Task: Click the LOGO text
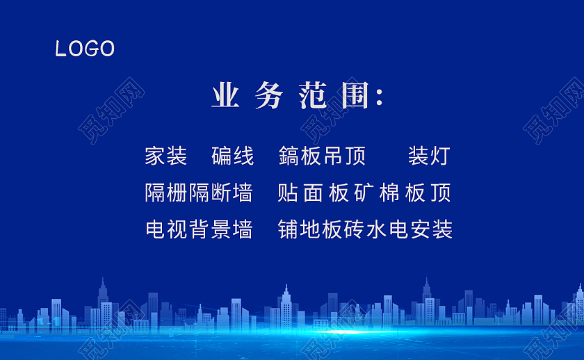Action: click(85, 49)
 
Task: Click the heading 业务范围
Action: click(297, 96)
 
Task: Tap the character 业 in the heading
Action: click(225, 96)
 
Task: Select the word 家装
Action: click(165, 156)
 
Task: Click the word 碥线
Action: click(232, 156)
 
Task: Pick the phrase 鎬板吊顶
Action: click(321, 156)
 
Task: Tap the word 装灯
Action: click(428, 156)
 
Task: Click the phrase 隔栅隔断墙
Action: click(198, 193)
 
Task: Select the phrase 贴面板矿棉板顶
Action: click(364, 193)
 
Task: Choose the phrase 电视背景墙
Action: click(198, 229)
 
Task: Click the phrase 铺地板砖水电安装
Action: click(365, 229)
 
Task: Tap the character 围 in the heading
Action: click(355, 96)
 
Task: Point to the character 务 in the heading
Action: click(268, 96)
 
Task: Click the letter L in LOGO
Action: click(60, 49)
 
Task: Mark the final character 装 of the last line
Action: click(442, 229)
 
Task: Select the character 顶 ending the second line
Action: click(441, 193)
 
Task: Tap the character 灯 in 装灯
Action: click(439, 156)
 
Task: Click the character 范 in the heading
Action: click(312, 96)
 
